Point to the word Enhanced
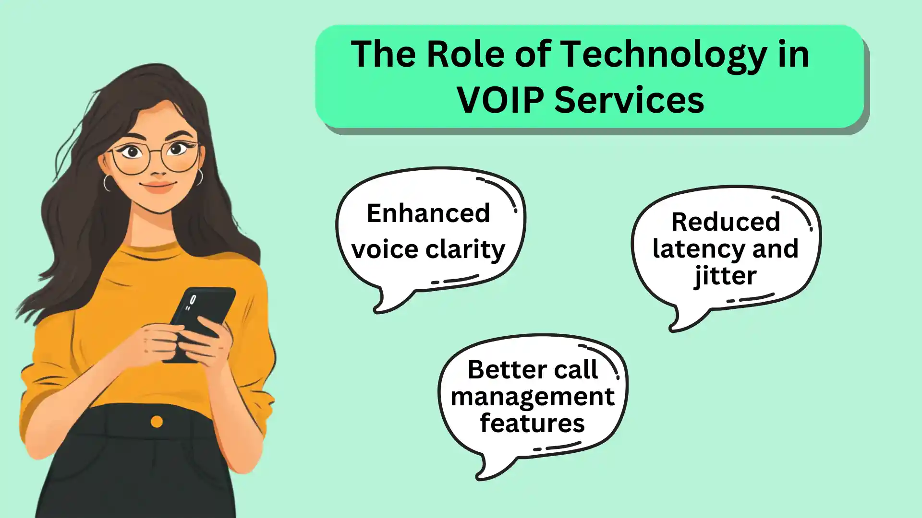tap(428, 213)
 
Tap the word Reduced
tap(725, 222)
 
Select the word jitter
tap(725, 276)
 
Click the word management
tap(533, 398)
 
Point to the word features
tap(532, 424)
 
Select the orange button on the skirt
tap(157, 422)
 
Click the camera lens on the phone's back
tap(193, 300)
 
